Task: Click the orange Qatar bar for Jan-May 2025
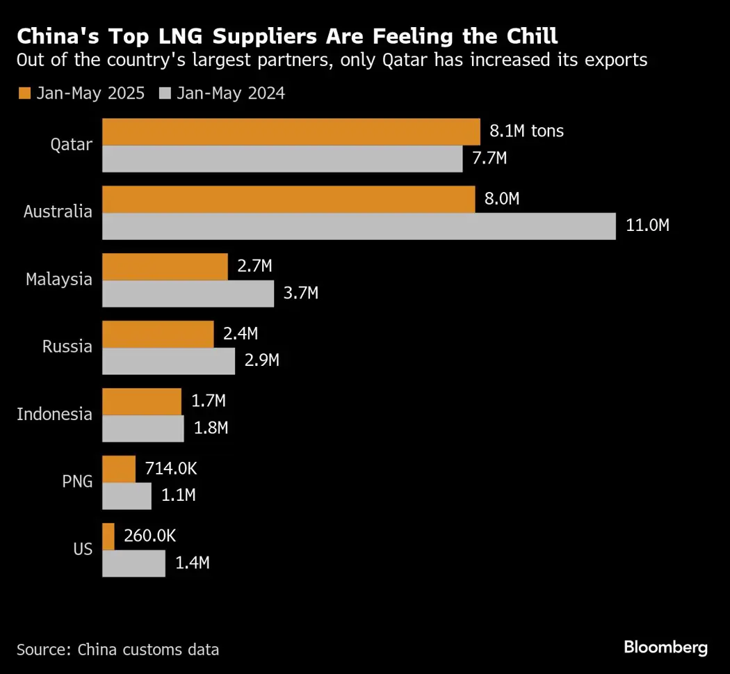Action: (291, 131)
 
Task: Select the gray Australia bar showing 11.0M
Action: (359, 226)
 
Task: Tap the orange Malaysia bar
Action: (165, 266)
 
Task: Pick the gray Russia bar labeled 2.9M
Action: (168, 361)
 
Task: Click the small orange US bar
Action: (108, 536)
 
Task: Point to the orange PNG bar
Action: (119, 469)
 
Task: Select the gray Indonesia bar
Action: (143, 428)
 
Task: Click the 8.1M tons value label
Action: (526, 131)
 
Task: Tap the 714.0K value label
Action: (170, 469)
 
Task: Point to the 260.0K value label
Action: (149, 536)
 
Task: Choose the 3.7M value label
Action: (301, 294)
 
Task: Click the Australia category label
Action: (58, 212)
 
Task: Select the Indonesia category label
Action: (54, 415)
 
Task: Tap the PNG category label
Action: (77, 481)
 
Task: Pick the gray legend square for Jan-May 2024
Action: (165, 93)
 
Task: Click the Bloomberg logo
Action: (665, 648)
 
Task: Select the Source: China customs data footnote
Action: (117, 650)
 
